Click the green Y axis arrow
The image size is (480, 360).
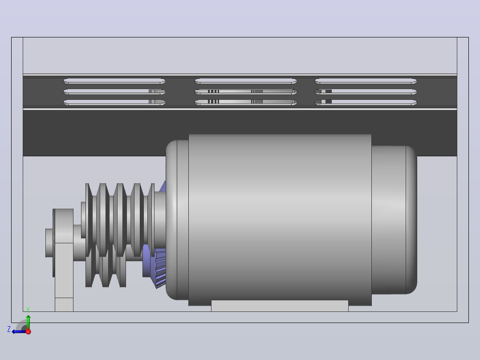(28, 322)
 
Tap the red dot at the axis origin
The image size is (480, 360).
(28, 332)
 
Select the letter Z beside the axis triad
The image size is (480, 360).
(9, 329)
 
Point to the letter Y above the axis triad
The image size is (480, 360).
(28, 310)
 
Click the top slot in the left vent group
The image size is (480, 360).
(114, 81)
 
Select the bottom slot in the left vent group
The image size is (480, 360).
(114, 102)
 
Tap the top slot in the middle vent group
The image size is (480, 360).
(245, 81)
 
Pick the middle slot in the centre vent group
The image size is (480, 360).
(245, 92)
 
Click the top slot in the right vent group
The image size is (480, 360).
(366, 81)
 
